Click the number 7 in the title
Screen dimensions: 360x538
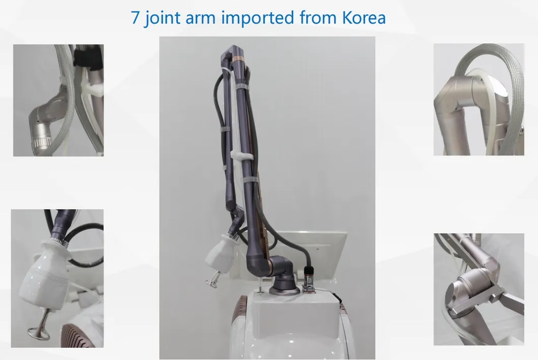(x=135, y=18)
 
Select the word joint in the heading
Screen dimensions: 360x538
(x=161, y=18)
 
